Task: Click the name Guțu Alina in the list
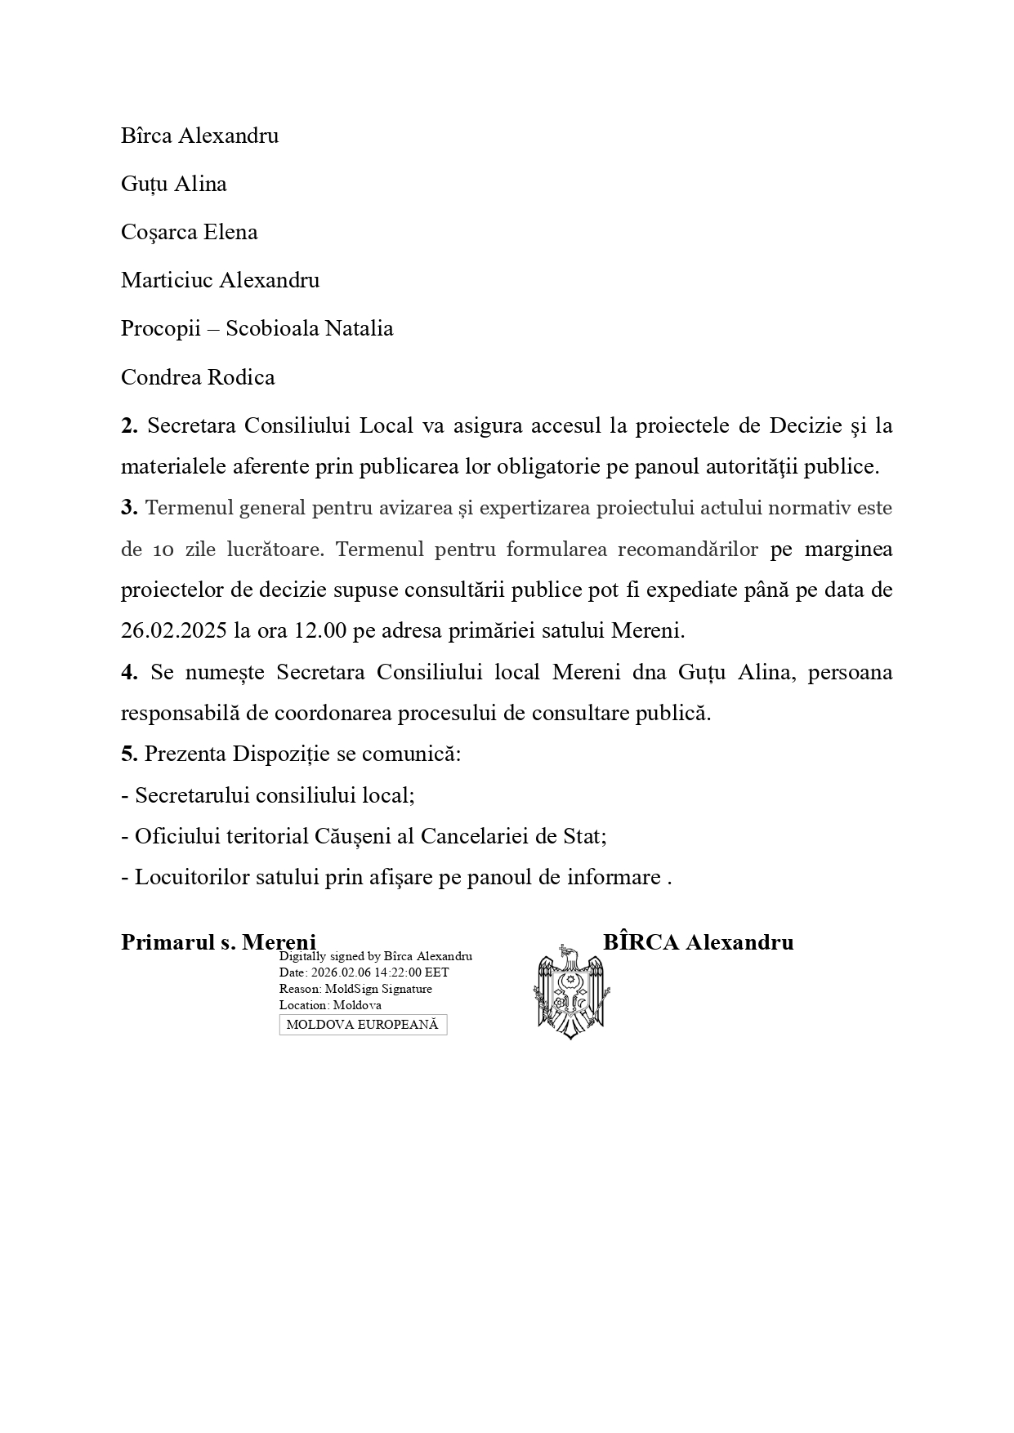pos(173,185)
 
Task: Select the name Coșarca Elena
pos(189,233)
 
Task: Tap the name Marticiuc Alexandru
pos(220,281)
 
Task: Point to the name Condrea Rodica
pos(198,378)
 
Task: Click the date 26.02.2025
pos(167,631)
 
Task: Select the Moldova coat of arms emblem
pos(574,991)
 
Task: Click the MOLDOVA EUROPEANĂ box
pos(363,1025)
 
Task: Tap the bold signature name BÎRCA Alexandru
pos(698,942)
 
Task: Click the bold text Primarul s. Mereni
pos(218,942)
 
